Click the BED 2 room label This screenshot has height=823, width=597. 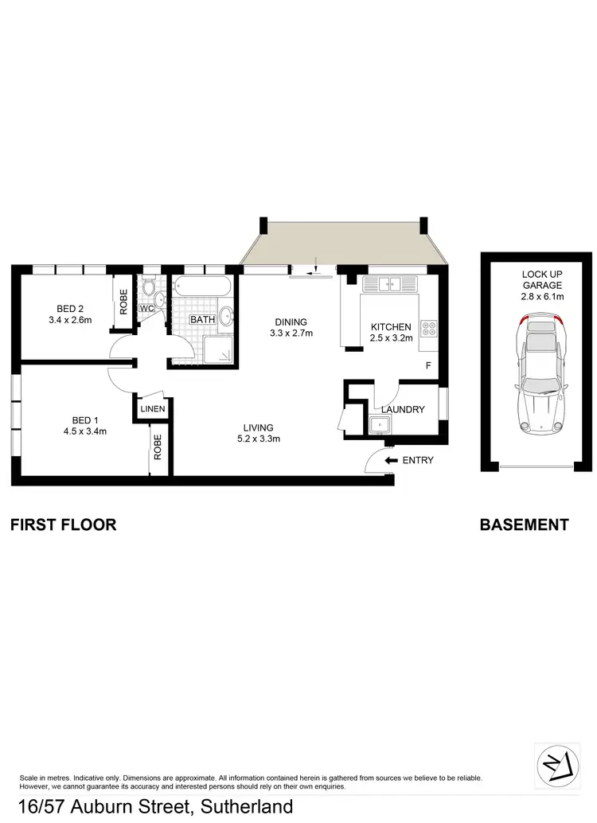click(x=69, y=309)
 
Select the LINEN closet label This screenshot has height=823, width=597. click(x=151, y=409)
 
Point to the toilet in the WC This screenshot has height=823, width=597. click(x=149, y=287)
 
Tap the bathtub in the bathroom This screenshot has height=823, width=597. click(x=203, y=287)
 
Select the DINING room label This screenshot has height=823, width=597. click(x=290, y=322)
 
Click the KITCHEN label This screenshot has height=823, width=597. click(x=390, y=327)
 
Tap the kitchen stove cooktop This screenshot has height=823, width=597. click(x=428, y=327)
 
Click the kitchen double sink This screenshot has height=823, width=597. click(x=390, y=283)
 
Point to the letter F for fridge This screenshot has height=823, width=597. click(x=427, y=366)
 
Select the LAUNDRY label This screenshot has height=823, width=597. click(x=403, y=410)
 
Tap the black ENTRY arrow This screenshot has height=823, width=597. click(x=391, y=460)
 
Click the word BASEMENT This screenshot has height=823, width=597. click(x=524, y=525)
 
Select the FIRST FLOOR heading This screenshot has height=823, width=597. click(x=63, y=525)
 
